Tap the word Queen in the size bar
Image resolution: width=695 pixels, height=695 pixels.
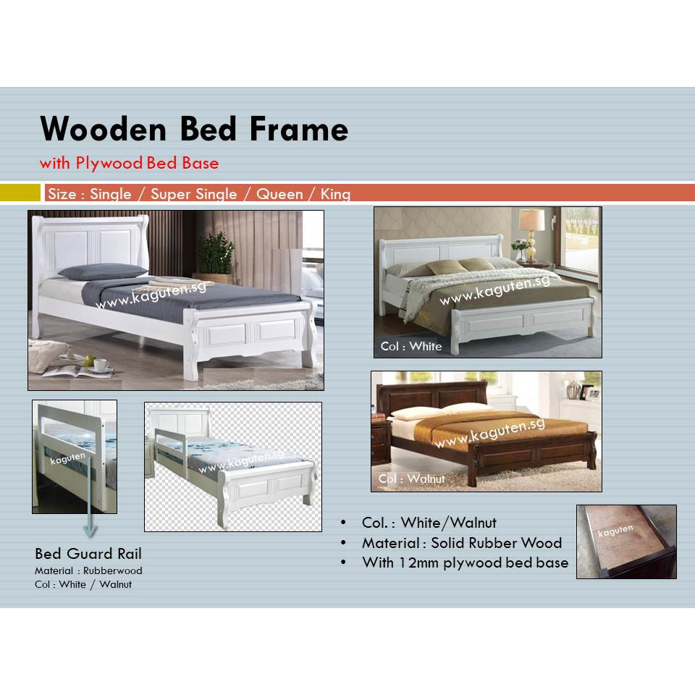[x=279, y=194]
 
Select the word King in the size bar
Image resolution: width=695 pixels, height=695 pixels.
[x=334, y=194]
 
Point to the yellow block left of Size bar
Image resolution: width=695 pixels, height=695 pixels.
[x=20, y=193]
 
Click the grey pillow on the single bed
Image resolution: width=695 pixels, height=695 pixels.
[x=103, y=271]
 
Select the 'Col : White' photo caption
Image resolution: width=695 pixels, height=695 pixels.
[x=410, y=346]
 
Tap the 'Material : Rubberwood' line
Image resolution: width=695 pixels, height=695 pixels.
[x=88, y=570]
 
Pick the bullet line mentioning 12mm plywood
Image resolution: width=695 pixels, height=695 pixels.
[x=465, y=563]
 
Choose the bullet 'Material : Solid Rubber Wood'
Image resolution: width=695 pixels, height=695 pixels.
[x=461, y=542]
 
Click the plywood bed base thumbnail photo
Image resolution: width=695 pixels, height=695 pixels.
[x=626, y=542]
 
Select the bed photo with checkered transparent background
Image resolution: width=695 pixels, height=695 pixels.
[x=232, y=467]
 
